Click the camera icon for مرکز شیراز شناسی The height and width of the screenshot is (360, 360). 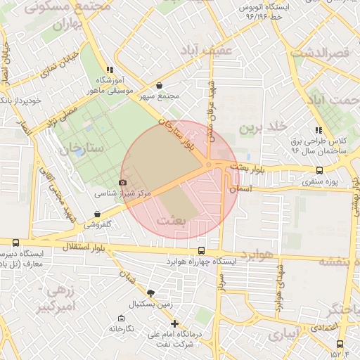[123, 183]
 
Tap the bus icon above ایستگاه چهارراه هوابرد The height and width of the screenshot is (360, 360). [202, 251]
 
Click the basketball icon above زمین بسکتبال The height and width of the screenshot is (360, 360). [150, 293]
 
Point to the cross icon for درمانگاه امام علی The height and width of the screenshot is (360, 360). [174, 323]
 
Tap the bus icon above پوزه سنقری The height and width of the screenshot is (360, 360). [320, 170]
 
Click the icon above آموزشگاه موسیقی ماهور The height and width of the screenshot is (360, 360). [109, 70]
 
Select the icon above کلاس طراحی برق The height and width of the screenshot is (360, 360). [319, 130]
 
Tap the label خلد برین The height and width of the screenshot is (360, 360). [263, 127]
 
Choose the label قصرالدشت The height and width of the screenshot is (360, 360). [320, 53]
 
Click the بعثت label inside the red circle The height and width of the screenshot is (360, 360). [173, 221]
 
